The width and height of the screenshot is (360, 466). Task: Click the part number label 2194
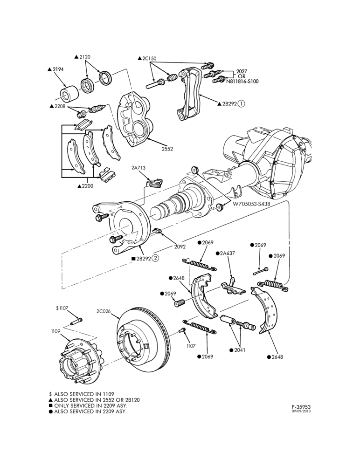(x=58, y=69)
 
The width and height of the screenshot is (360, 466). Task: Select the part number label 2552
(x=167, y=149)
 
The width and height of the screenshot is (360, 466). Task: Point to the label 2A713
(x=138, y=168)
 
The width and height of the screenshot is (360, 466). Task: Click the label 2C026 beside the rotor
(x=103, y=311)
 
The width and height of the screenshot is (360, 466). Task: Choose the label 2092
(x=180, y=247)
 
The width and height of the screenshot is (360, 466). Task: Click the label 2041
(x=240, y=350)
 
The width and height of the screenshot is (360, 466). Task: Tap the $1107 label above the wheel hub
(x=62, y=308)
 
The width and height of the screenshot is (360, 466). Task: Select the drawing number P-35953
(x=301, y=406)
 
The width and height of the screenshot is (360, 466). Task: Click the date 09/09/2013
(x=301, y=411)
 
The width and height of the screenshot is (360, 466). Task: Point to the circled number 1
(x=241, y=103)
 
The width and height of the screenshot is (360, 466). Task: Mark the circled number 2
(x=155, y=258)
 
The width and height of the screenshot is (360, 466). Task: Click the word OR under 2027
(x=242, y=76)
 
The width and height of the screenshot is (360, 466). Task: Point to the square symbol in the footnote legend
(x=51, y=406)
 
